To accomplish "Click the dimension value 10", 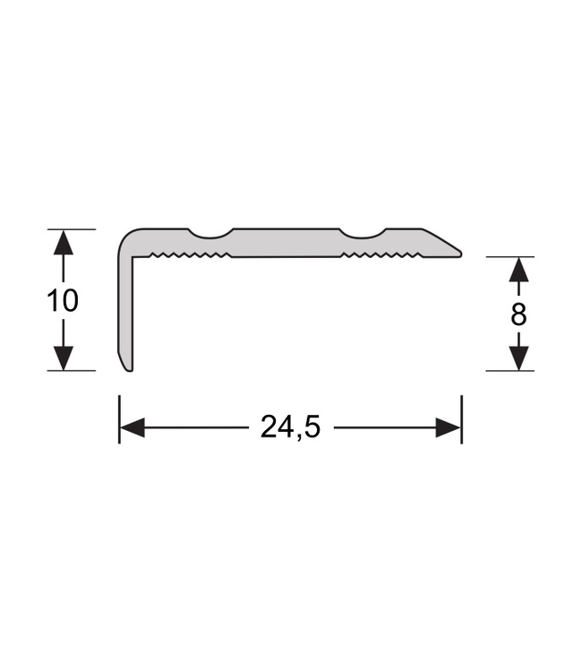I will tap(63, 300).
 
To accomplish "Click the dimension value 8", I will tap(519, 314).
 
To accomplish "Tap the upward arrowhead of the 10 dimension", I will tap(63, 242).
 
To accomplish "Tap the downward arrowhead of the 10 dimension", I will tap(63, 358).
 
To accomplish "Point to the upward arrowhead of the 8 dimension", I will tap(519, 269).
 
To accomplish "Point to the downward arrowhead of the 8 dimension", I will tap(519, 358).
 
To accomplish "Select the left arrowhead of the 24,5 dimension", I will tap(132, 428).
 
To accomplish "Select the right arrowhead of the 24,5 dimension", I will tap(449, 428).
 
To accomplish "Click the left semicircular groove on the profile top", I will tap(210, 234).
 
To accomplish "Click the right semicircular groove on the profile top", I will tap(363, 234).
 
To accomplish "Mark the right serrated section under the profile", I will tap(381, 255).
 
